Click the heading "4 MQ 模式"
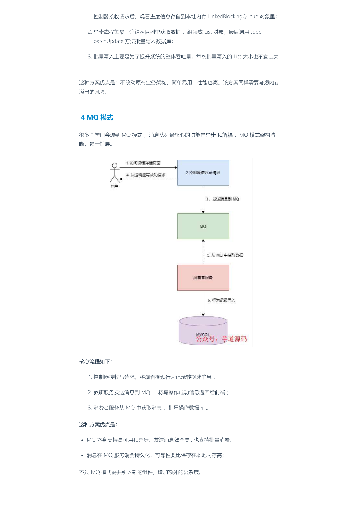[x=97, y=117]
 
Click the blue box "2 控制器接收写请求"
[x=203, y=173]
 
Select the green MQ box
[x=203, y=226]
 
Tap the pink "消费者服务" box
[x=203, y=278]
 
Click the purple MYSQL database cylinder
[x=203, y=331]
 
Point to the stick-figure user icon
[x=115, y=172]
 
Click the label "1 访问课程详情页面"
[x=143, y=163]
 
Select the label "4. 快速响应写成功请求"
[x=146, y=175]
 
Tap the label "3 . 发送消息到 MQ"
[x=222, y=199]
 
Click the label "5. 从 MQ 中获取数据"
[x=225, y=255]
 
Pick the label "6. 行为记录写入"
[x=221, y=300]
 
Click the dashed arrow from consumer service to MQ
[x=203, y=252]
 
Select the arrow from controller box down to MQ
[x=203, y=199]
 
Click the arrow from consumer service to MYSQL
[x=203, y=303]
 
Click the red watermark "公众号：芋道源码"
[x=221, y=339]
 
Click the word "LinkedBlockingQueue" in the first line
[x=233, y=17]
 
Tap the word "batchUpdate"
[x=108, y=41]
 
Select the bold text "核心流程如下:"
[x=95, y=362]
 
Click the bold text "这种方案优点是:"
[x=98, y=425]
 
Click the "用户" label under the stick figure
[x=115, y=187]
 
